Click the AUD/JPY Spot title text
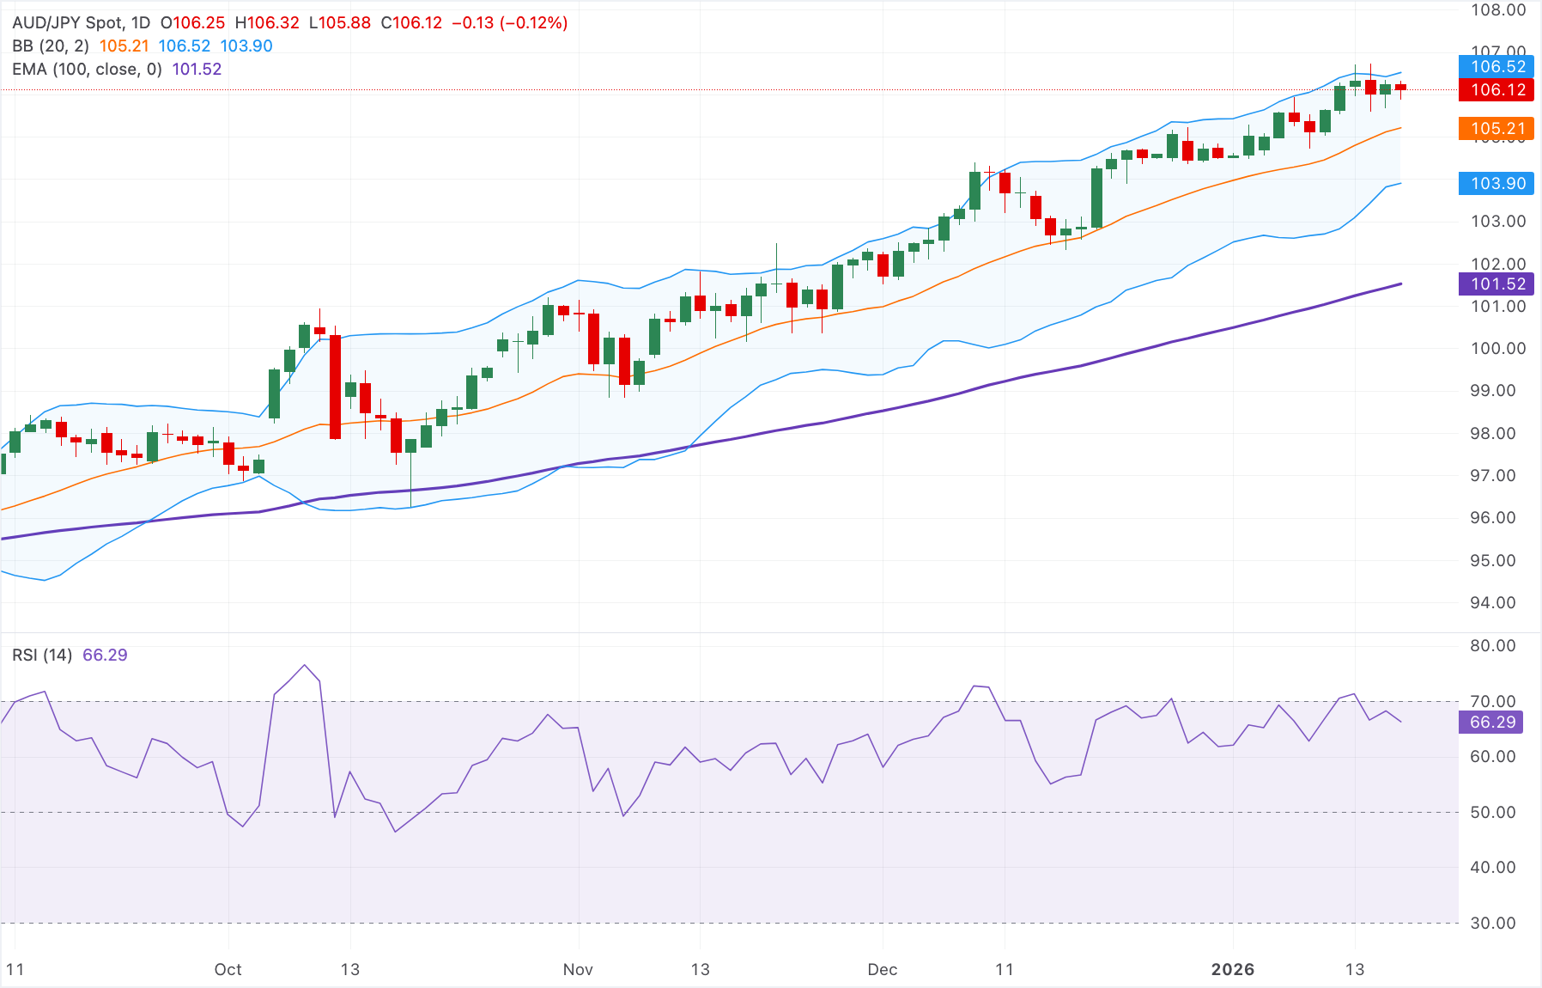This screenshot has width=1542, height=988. point(82,23)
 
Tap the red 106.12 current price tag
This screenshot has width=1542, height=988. point(1497,89)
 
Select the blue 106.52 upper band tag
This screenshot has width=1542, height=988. point(1497,66)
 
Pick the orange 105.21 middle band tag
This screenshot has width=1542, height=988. point(1497,129)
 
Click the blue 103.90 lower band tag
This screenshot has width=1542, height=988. point(1497,183)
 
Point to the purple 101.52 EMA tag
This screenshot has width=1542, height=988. point(1497,284)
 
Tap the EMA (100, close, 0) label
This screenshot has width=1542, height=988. point(87,70)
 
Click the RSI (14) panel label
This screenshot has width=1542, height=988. point(42,656)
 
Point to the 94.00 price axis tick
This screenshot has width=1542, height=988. point(1497,603)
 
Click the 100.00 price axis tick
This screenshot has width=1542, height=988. point(1497,349)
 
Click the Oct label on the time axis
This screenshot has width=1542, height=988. point(228,970)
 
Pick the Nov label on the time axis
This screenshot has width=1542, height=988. point(578,970)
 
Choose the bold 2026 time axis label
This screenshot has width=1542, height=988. point(1232,970)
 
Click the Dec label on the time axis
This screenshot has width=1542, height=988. point(882,970)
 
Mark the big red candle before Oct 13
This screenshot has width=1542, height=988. point(335,387)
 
